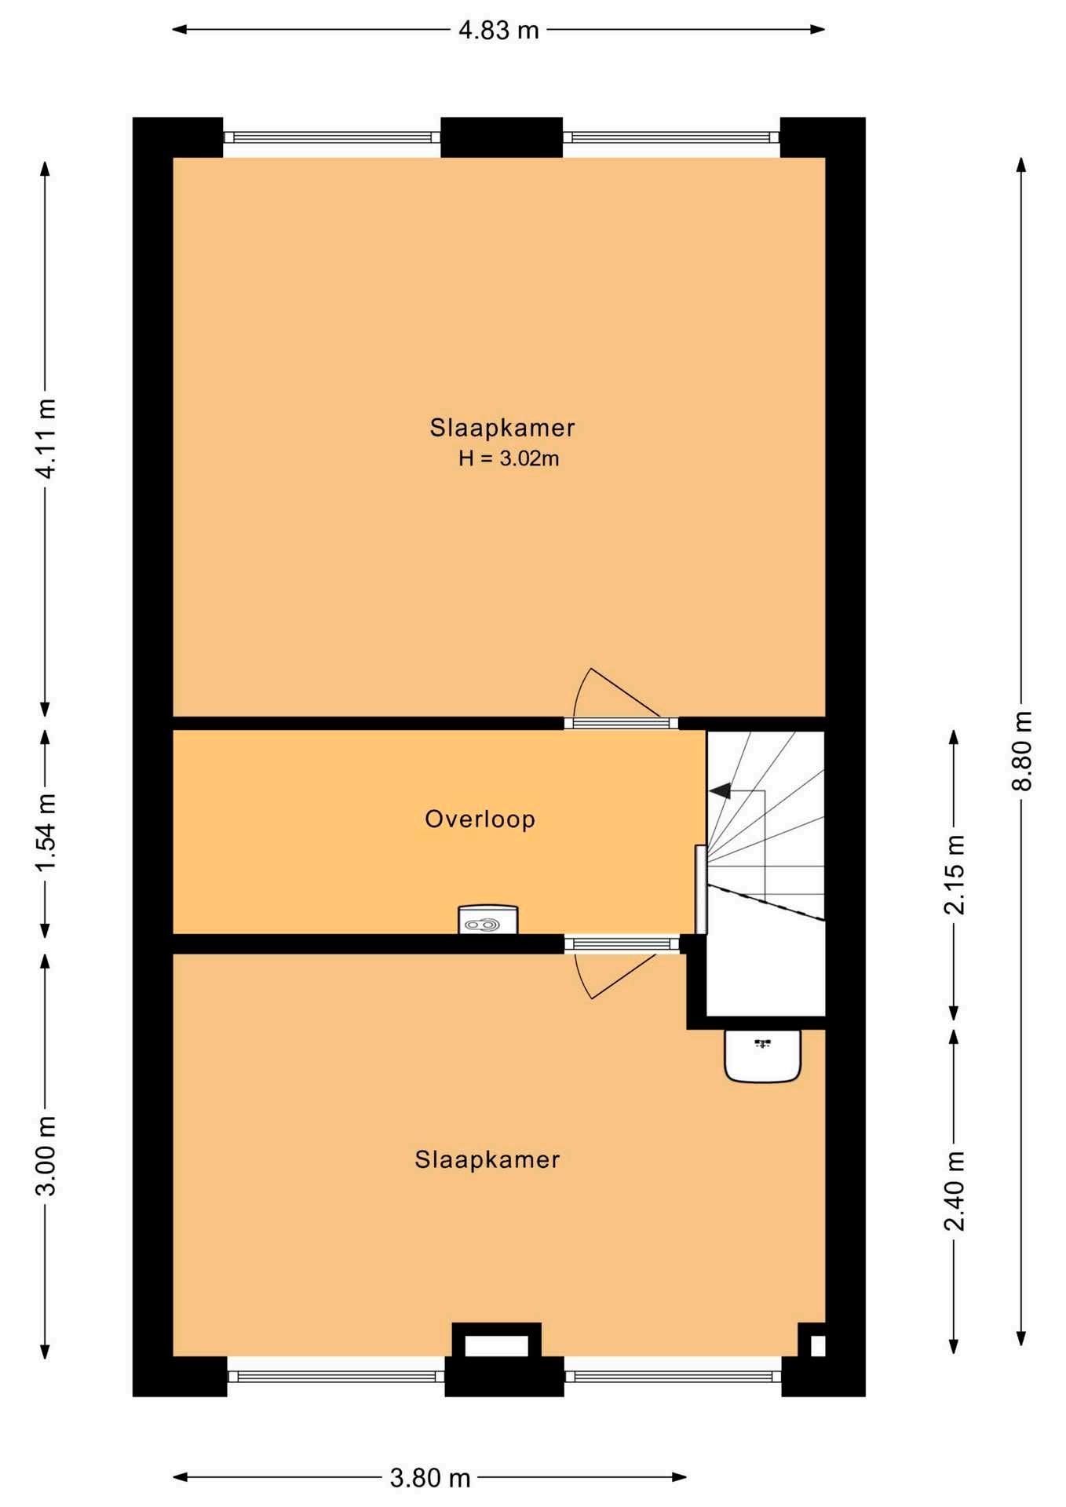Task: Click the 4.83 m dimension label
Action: click(498, 30)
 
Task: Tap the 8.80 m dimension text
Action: click(1023, 751)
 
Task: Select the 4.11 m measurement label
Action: click(46, 439)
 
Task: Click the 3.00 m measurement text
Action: click(46, 1155)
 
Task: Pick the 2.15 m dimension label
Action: click(955, 874)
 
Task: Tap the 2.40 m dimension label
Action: click(955, 1191)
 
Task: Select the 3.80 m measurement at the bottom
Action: click(430, 1478)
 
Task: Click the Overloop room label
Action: click(480, 819)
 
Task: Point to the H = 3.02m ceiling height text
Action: click(509, 458)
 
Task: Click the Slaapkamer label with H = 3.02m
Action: click(502, 428)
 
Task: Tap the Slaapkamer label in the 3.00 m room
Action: click(487, 1159)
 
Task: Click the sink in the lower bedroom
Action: click(762, 1056)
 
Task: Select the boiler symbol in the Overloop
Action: click(487, 919)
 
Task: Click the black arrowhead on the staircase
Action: click(721, 790)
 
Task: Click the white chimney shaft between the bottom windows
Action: click(496, 1346)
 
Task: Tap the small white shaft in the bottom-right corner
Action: click(817, 1346)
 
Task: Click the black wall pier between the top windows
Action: click(502, 137)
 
